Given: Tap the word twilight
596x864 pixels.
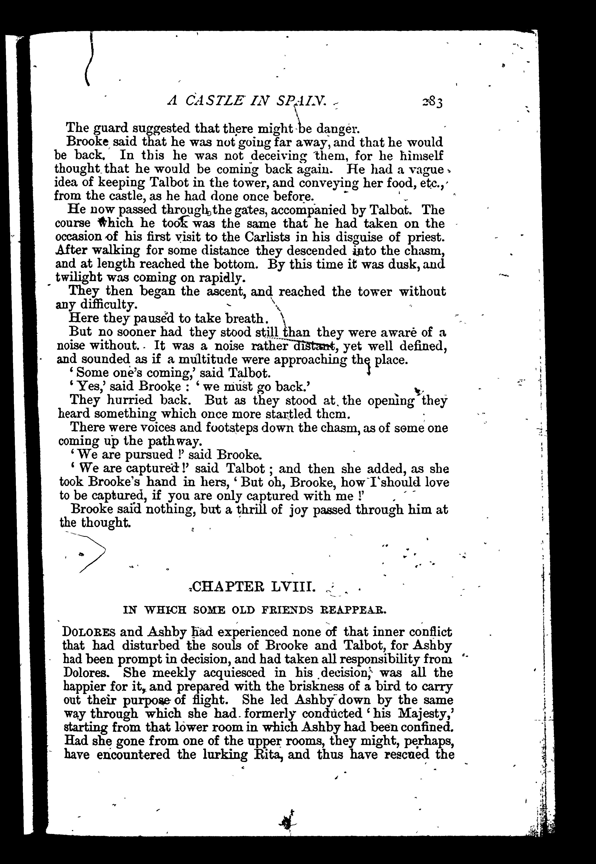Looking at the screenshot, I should click(78, 278).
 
